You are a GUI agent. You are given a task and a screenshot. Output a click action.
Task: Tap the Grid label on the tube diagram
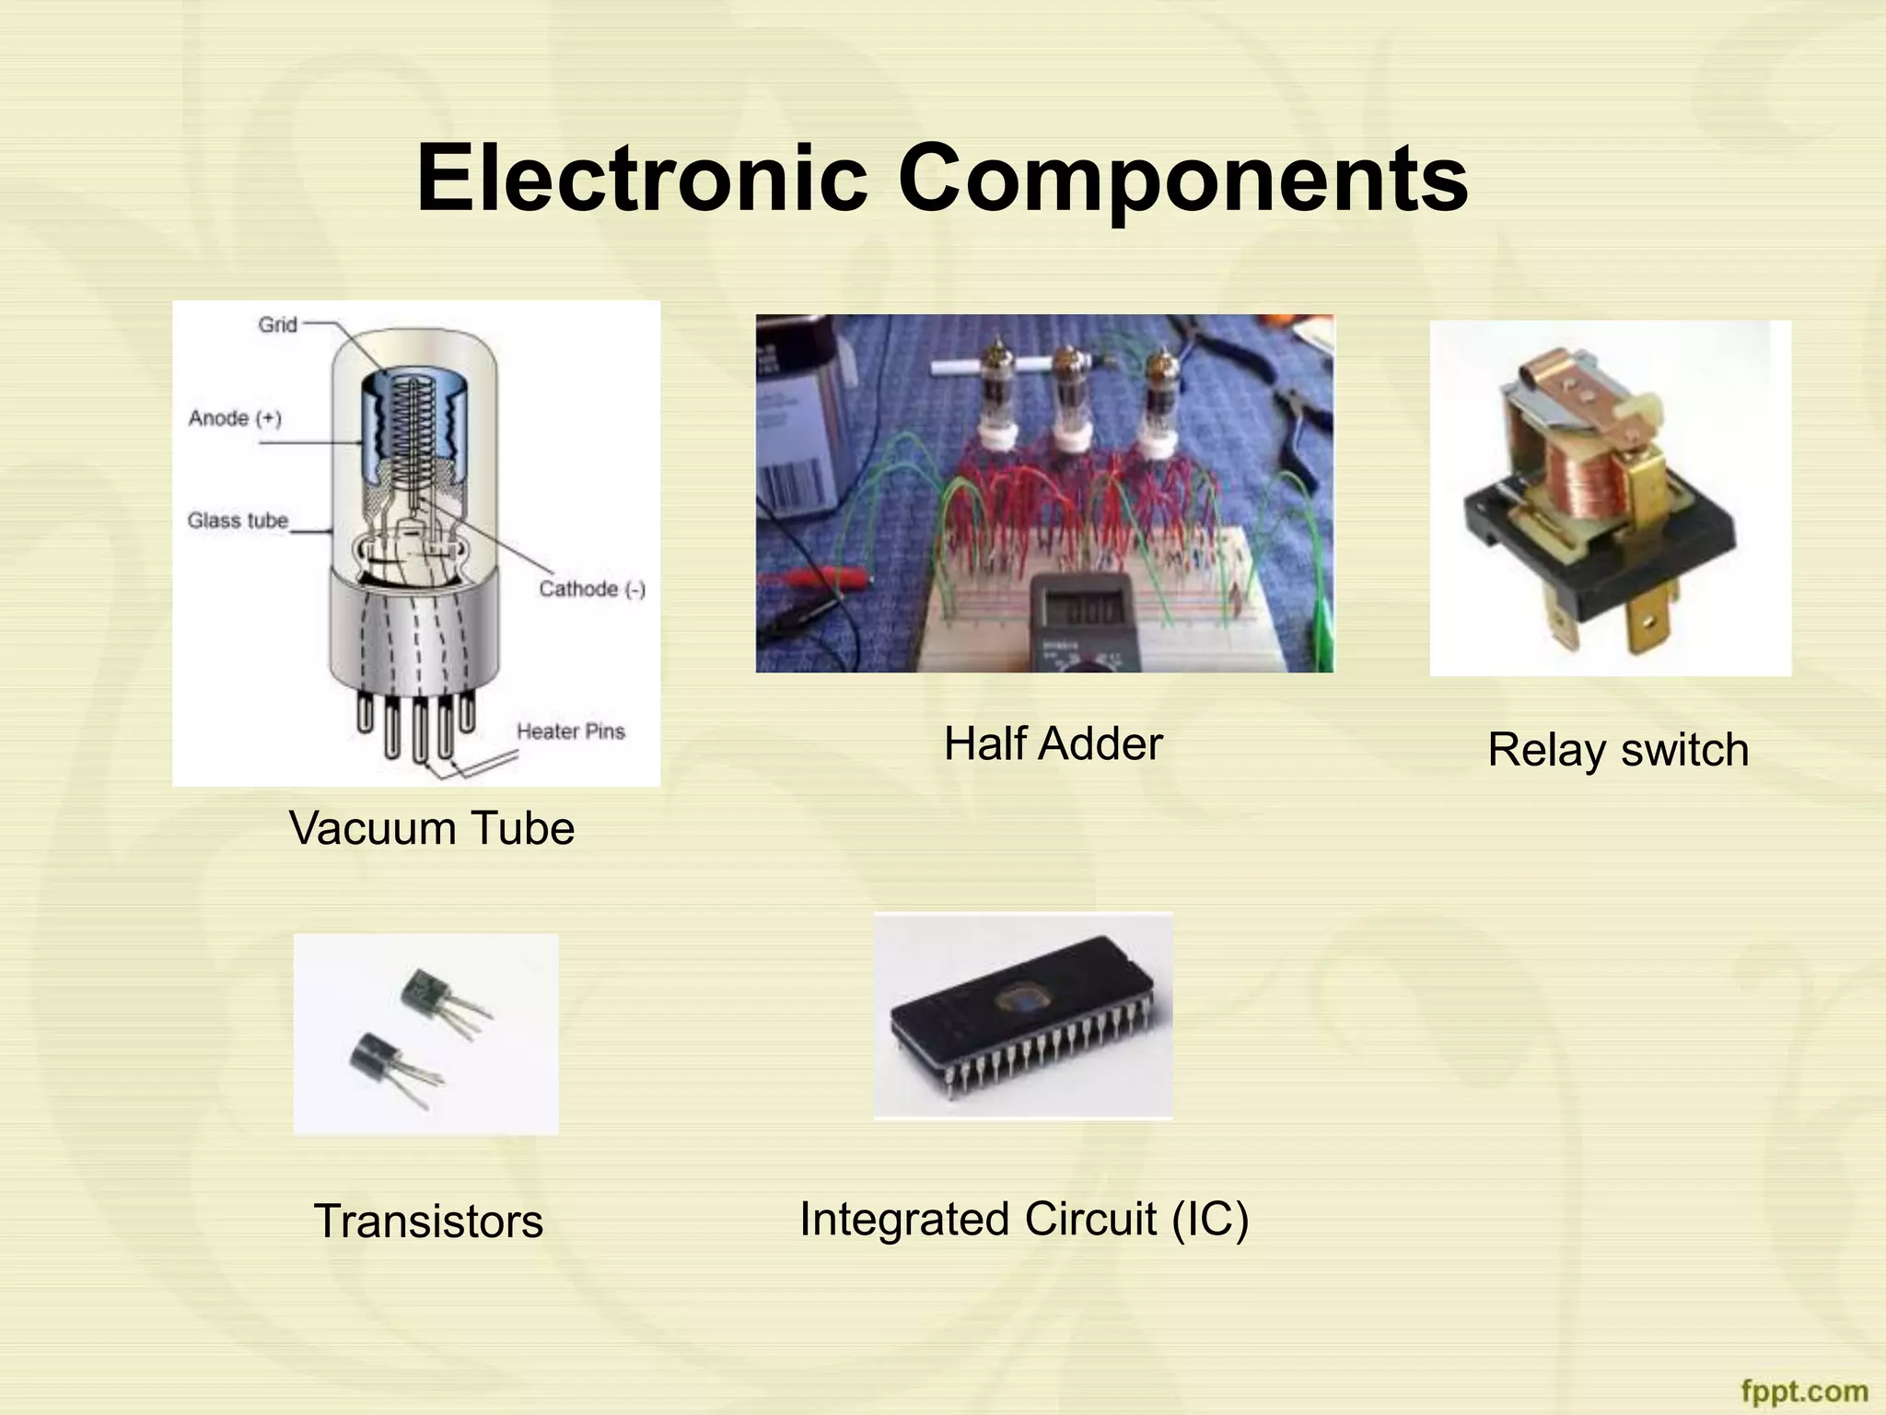tap(277, 324)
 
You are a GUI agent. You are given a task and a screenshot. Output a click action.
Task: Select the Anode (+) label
tap(235, 418)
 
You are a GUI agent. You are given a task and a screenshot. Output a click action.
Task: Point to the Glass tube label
tap(238, 520)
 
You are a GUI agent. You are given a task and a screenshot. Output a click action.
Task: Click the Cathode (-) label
tap(592, 589)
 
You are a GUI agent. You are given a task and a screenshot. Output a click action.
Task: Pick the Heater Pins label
tap(570, 731)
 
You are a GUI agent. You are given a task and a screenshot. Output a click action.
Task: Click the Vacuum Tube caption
tap(431, 827)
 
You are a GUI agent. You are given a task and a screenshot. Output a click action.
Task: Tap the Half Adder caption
tap(1053, 743)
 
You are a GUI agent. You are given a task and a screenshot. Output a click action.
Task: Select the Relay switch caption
tap(1618, 749)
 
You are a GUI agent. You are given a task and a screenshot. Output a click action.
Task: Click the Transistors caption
tap(428, 1221)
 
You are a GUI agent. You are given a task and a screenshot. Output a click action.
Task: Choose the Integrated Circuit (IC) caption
tap(1023, 1218)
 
